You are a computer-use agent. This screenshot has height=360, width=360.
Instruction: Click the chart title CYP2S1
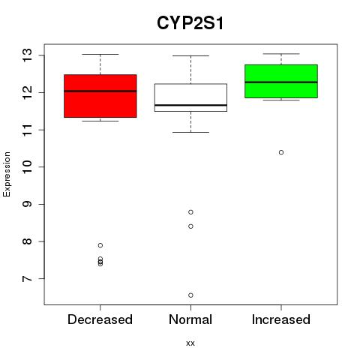[x=190, y=23]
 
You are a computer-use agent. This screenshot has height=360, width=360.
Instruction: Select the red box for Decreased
[x=100, y=96]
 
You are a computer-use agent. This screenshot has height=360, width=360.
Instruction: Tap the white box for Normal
[x=190, y=97]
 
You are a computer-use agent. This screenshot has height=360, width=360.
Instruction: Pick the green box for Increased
[x=281, y=81]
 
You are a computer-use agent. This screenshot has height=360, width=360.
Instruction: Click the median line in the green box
[x=281, y=82]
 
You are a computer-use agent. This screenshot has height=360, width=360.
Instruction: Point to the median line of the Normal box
[x=190, y=105]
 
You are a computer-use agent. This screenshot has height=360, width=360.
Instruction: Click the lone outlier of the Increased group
[x=281, y=152]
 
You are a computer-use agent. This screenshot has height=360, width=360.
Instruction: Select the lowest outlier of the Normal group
[x=190, y=295]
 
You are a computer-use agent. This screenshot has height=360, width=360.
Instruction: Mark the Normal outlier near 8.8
[x=190, y=212]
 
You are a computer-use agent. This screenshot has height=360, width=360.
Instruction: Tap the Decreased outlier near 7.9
[x=100, y=245]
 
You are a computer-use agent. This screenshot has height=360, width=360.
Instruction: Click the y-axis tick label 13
[x=27, y=55]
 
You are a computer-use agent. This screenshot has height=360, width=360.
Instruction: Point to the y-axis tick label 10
[x=27, y=167]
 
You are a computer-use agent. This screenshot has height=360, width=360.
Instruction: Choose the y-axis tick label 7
[x=27, y=279]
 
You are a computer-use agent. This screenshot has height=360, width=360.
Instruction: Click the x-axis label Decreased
[x=100, y=319]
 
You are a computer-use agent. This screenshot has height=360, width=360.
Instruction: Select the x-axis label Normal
[x=190, y=319]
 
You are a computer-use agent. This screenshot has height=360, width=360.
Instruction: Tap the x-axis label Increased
[x=281, y=319]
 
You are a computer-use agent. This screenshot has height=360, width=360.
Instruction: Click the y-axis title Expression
[x=7, y=174]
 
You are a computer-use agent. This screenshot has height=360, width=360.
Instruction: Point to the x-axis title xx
[x=190, y=343]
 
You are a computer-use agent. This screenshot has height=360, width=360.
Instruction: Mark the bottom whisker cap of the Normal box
[x=190, y=132]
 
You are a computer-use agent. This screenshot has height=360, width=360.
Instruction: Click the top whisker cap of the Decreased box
[x=100, y=54]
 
